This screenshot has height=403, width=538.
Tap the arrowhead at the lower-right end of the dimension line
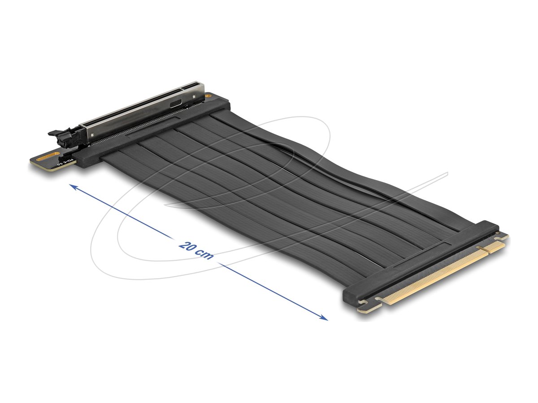coord(324,318)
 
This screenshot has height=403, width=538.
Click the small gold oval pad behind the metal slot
coord(208,95)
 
